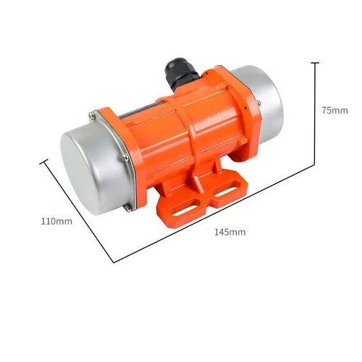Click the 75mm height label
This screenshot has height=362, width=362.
(x=334, y=111)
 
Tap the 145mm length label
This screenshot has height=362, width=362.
(x=230, y=232)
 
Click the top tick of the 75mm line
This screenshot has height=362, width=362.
(x=315, y=63)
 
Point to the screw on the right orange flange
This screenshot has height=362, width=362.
(x=255, y=106)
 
